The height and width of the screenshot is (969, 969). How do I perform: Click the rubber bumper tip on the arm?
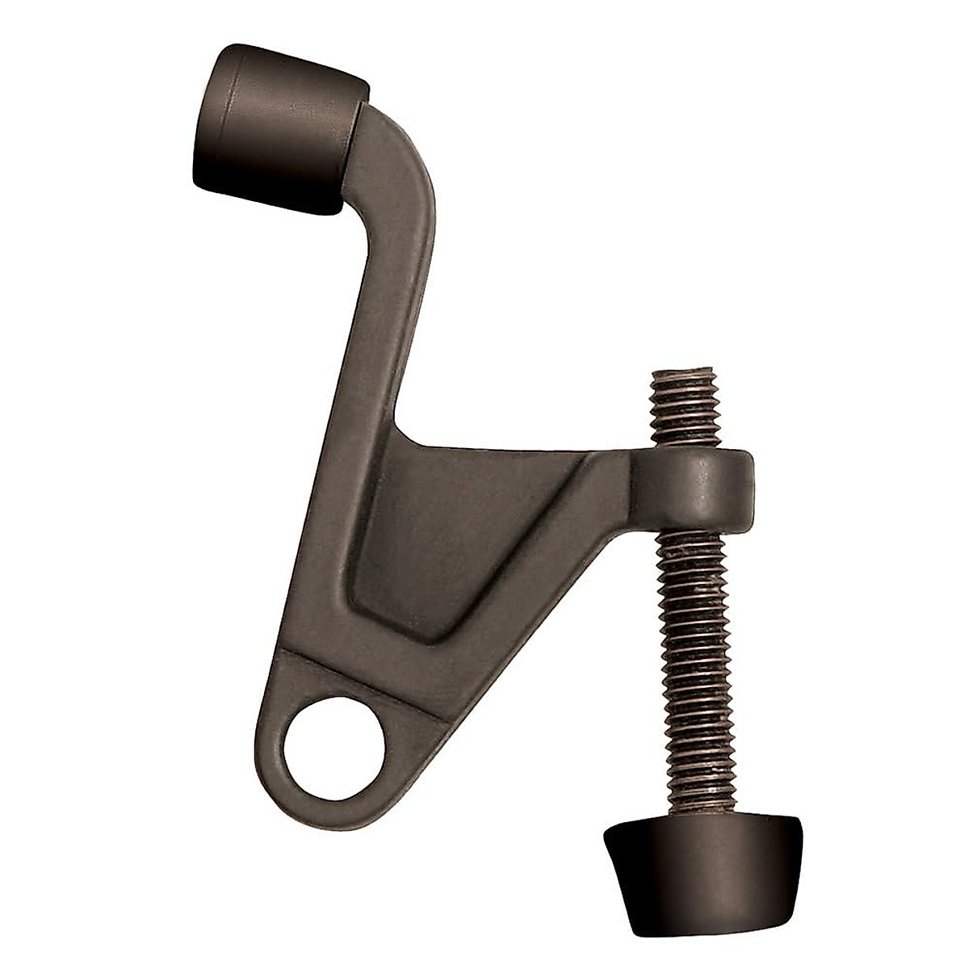pos(275,129)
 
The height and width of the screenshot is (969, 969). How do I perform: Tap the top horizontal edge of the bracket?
pos(517,449)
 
